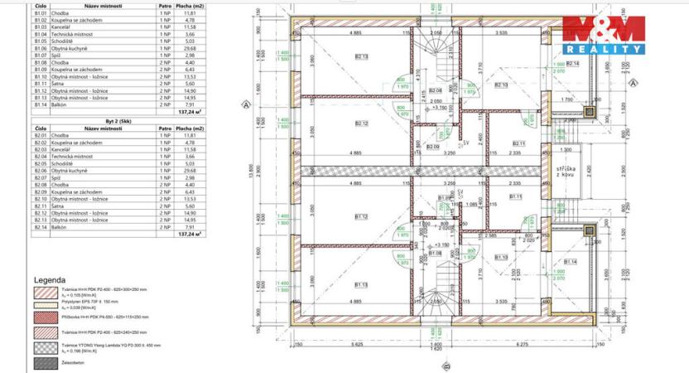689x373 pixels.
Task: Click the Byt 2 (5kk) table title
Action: [x=49, y=120]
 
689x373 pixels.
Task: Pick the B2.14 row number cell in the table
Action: [x=41, y=226]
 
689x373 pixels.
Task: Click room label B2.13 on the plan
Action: [x=362, y=57]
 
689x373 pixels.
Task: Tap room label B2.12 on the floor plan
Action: [x=361, y=124]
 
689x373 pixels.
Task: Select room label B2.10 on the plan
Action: [x=500, y=85]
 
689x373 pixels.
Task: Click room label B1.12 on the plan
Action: [x=361, y=217]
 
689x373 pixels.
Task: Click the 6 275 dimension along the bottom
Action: [x=522, y=344]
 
